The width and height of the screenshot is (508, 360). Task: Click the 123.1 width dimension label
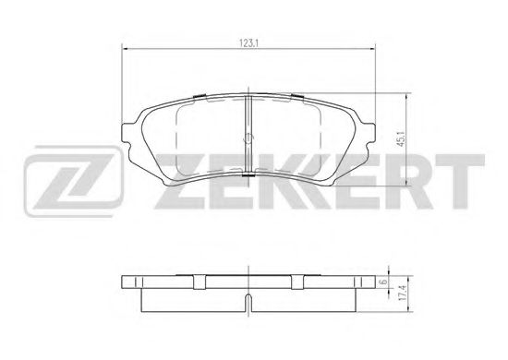(x=248, y=43)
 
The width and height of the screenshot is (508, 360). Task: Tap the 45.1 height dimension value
(x=401, y=139)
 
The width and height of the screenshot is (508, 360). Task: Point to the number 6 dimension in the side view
(x=384, y=282)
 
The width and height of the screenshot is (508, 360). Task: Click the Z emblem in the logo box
(x=74, y=182)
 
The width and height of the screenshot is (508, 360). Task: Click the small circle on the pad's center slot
(x=248, y=138)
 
